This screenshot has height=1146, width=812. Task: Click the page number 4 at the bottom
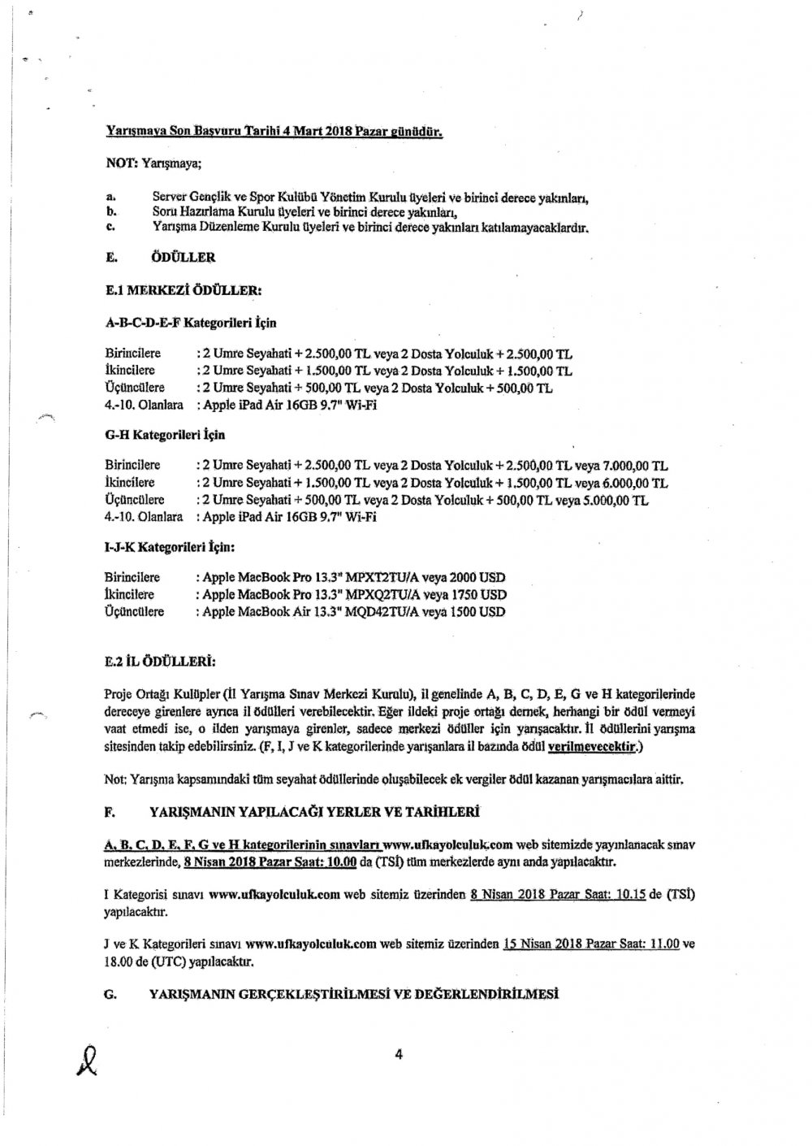tap(399, 1055)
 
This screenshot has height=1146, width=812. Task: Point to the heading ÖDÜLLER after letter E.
tap(184, 258)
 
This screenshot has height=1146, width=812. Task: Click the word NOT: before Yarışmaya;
tap(122, 163)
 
